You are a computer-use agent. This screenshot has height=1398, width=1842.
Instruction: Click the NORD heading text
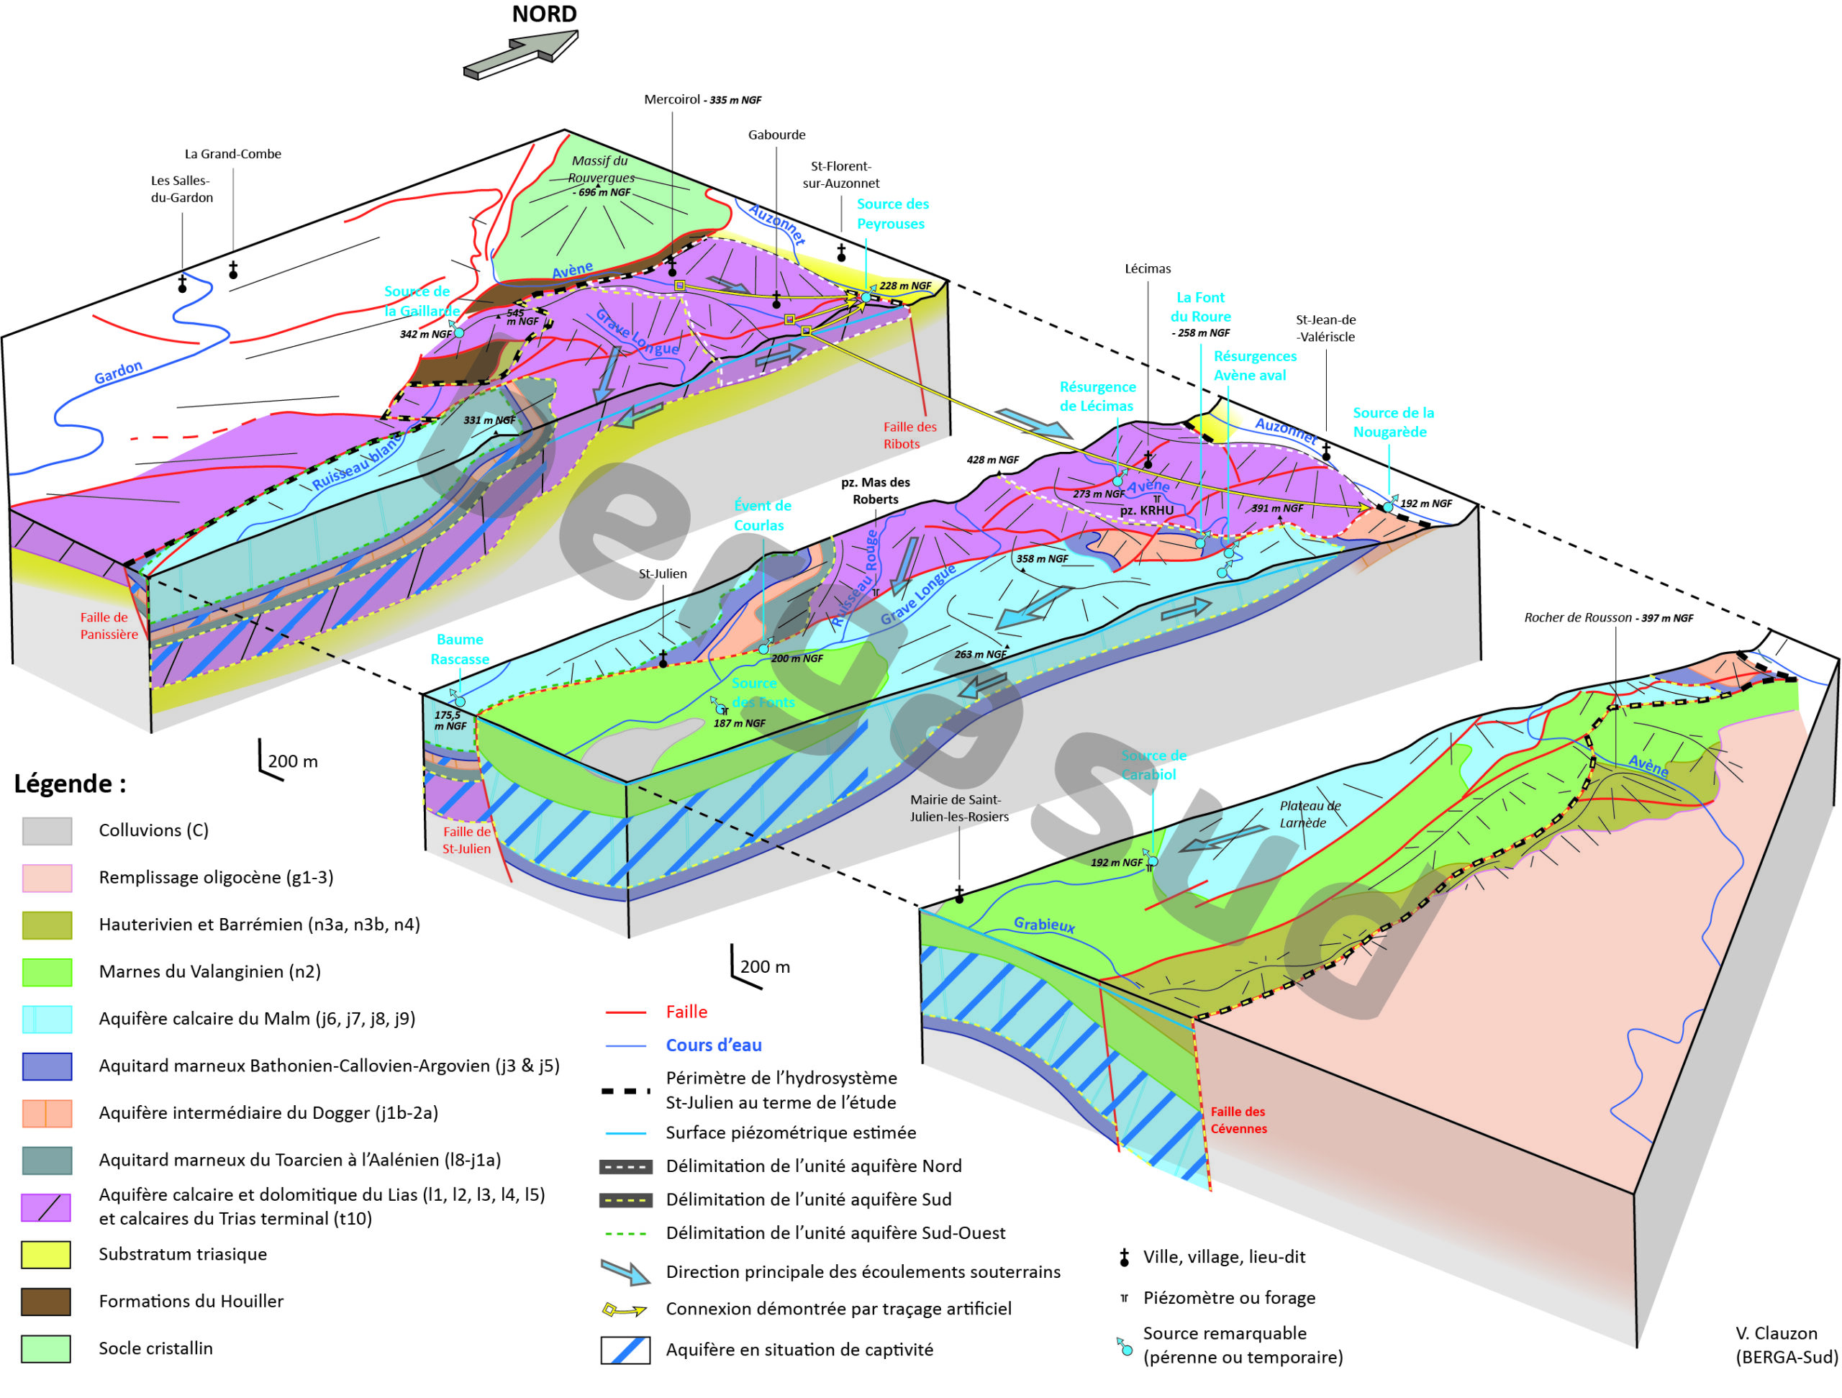coord(544,14)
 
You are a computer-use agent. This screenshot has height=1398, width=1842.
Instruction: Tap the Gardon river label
coord(117,372)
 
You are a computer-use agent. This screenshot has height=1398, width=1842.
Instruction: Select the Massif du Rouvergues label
coord(600,169)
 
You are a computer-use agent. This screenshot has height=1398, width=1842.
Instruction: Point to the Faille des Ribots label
coord(909,435)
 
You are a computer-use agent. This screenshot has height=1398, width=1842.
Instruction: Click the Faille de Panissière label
coord(108,626)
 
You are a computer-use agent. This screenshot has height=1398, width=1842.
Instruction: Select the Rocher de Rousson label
coord(1608,618)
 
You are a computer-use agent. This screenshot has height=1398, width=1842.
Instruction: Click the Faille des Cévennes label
coord(1238,1121)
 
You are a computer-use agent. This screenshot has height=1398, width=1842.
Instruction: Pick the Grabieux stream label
coord(1043,925)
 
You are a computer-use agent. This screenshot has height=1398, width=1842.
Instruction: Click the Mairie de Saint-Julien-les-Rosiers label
coord(958,809)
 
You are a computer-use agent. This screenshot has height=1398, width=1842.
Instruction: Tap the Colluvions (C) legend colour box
coord(47,831)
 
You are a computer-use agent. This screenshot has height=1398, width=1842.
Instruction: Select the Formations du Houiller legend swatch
coord(47,1302)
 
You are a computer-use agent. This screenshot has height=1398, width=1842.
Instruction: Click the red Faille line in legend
coord(625,1012)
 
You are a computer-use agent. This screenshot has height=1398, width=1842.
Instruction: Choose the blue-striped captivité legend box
coord(625,1351)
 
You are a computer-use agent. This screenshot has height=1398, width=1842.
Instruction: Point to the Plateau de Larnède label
coord(1309,814)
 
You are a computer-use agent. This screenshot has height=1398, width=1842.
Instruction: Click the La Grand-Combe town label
coord(232,154)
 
